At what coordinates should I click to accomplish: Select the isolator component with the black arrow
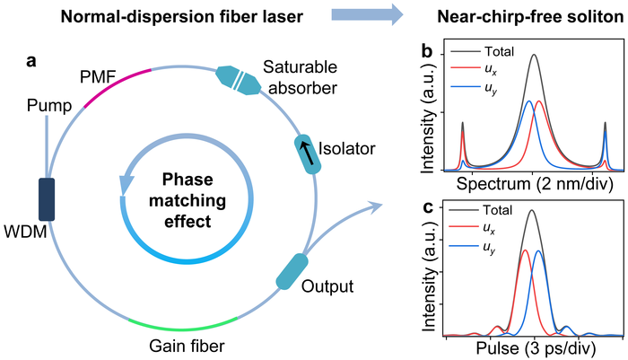coord(309,152)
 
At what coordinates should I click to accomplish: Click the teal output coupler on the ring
coord(292,272)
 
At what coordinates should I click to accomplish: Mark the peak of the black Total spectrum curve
coord(534,55)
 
